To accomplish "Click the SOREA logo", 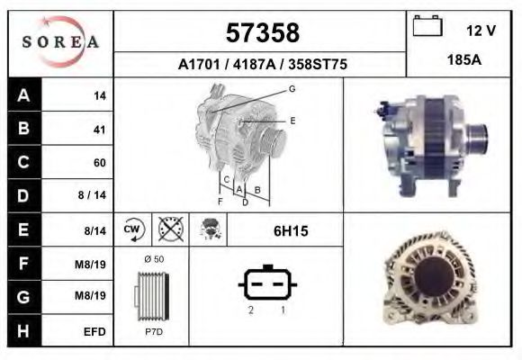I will [61, 42].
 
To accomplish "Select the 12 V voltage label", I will [481, 31].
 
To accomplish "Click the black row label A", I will [23, 95].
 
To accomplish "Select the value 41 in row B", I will [99, 130].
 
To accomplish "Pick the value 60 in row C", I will [99, 163].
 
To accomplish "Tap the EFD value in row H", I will [94, 331].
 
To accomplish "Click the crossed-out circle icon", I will [168, 230].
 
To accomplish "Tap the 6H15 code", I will [291, 231].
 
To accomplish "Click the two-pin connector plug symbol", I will [266, 284].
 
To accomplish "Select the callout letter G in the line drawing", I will [292, 88].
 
